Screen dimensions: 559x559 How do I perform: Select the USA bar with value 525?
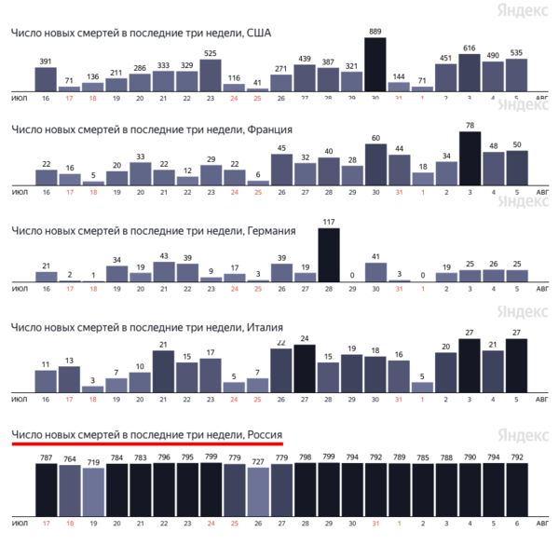[x=211, y=75]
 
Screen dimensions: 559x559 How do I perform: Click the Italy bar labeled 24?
[x=305, y=368]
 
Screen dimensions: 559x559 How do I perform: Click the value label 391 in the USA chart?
[x=46, y=61]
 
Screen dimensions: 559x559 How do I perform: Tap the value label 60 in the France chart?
[x=375, y=138]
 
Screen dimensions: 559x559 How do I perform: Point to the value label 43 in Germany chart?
[x=164, y=256]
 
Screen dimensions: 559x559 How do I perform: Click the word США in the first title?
[x=258, y=33]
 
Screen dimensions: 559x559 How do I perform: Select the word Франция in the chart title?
[x=266, y=129]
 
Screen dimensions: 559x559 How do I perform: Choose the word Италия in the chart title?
[x=266, y=327]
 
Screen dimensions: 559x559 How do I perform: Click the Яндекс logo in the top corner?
[x=522, y=10]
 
